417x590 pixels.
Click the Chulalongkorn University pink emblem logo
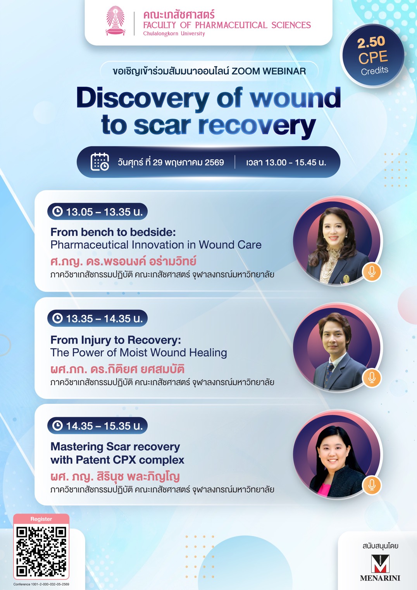point(115,21)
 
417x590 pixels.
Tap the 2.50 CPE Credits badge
point(372,56)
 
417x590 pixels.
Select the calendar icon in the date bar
point(100,162)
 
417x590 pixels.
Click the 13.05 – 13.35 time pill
point(97,212)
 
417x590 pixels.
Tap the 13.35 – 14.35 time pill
point(97,318)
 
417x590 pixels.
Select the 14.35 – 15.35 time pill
point(97,426)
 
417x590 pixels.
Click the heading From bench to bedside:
point(113,232)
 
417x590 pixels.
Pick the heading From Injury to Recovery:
point(116,340)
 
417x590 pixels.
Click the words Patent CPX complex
point(130,460)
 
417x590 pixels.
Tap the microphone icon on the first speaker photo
point(372,272)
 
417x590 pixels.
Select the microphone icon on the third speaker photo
point(372,485)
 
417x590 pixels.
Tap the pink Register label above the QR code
point(41,519)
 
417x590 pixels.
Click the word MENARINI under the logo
point(380,578)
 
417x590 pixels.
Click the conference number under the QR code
point(41,584)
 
